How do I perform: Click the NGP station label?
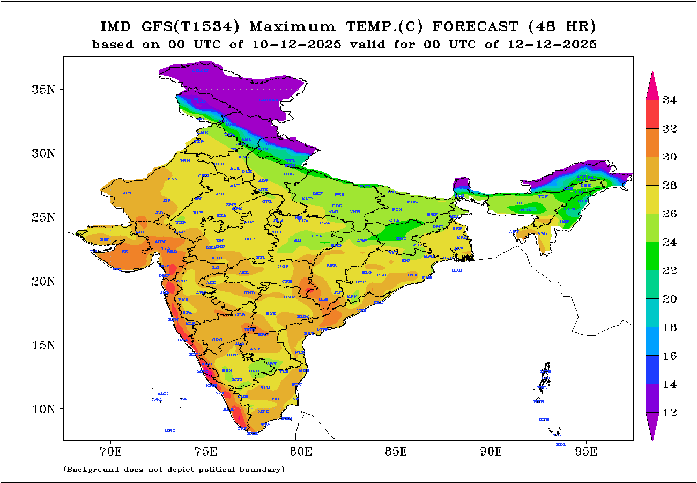point(284,267)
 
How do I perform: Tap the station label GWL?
point(267,202)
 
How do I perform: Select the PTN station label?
point(397,209)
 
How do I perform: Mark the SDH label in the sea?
point(457,270)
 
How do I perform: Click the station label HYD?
point(271,313)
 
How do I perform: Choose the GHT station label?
point(520,203)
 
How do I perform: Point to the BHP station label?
point(249,239)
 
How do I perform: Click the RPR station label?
point(332,266)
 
